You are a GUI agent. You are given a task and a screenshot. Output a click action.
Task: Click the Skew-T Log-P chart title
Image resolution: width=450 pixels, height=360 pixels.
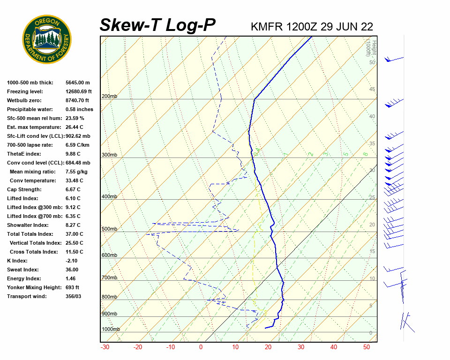(157, 25)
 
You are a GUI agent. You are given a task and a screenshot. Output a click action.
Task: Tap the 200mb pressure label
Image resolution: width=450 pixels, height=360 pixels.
(109, 97)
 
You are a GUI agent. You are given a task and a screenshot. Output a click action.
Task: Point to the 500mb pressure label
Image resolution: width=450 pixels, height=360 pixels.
(109, 229)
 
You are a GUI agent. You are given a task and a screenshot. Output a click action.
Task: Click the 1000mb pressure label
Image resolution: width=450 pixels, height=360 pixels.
(111, 330)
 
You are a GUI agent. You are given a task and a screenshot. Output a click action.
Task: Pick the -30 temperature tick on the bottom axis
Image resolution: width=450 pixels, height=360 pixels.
(105, 347)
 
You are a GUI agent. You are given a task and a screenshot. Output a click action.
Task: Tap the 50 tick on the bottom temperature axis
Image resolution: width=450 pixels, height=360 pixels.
(367, 347)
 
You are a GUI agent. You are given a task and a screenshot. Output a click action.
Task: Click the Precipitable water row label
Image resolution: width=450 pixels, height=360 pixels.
(28, 109)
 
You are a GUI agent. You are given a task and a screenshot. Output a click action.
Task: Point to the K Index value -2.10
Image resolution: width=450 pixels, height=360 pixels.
(73, 261)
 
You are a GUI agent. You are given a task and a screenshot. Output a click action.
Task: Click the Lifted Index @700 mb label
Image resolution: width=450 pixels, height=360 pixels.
(31, 216)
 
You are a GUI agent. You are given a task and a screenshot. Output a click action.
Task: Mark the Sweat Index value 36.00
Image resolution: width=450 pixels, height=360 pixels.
(72, 270)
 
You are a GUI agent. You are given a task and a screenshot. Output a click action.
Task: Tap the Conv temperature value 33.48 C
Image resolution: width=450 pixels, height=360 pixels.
(75, 180)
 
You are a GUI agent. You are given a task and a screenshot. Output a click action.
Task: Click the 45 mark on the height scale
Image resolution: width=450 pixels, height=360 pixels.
(372, 90)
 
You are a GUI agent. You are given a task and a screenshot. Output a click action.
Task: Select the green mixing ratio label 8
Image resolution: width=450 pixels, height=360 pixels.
(365, 154)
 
